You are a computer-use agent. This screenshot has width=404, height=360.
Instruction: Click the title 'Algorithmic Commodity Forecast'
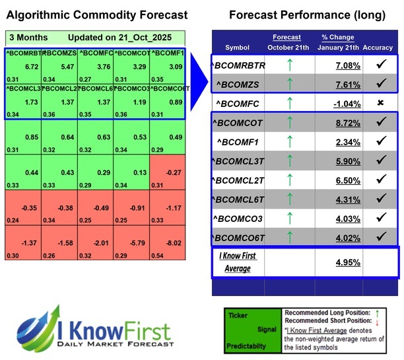tap(98, 15)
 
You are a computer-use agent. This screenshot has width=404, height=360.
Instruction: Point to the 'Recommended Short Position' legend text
tap(318, 321)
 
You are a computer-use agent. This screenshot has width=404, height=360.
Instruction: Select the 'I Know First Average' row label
tap(238, 261)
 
